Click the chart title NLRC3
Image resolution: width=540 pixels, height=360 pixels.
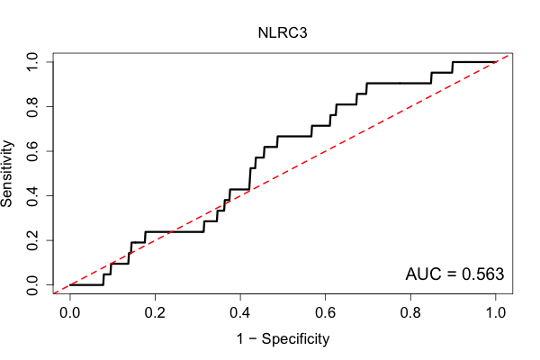(x=283, y=33)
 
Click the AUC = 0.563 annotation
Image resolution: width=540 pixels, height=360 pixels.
(x=454, y=274)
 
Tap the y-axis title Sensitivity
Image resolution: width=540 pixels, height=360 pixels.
(x=6, y=174)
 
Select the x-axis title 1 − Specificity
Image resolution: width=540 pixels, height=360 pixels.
(x=283, y=339)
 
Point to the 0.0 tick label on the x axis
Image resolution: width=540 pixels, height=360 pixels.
(x=70, y=313)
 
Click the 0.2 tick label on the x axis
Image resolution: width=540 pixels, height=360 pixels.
(x=155, y=313)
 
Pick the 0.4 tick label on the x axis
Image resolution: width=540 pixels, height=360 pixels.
(x=240, y=313)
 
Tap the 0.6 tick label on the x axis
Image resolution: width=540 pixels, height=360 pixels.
(x=325, y=313)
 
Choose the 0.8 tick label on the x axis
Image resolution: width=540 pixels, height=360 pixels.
(x=410, y=313)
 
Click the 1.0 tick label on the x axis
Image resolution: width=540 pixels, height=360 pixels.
(x=496, y=313)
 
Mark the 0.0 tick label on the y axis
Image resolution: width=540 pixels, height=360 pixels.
(x=32, y=285)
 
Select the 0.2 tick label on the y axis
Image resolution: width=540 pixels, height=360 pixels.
(x=32, y=240)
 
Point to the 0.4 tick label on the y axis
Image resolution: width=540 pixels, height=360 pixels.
(x=32, y=195)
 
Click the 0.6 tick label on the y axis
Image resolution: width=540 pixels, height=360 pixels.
(x=32, y=151)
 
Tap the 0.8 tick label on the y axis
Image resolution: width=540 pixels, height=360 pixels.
(x=32, y=106)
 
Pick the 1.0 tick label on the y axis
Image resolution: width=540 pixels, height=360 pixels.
(x=32, y=62)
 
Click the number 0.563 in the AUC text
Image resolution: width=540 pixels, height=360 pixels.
(x=482, y=274)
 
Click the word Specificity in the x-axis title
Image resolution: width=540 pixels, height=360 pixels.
(x=295, y=339)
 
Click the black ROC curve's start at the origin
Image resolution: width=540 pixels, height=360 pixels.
(x=70, y=285)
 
